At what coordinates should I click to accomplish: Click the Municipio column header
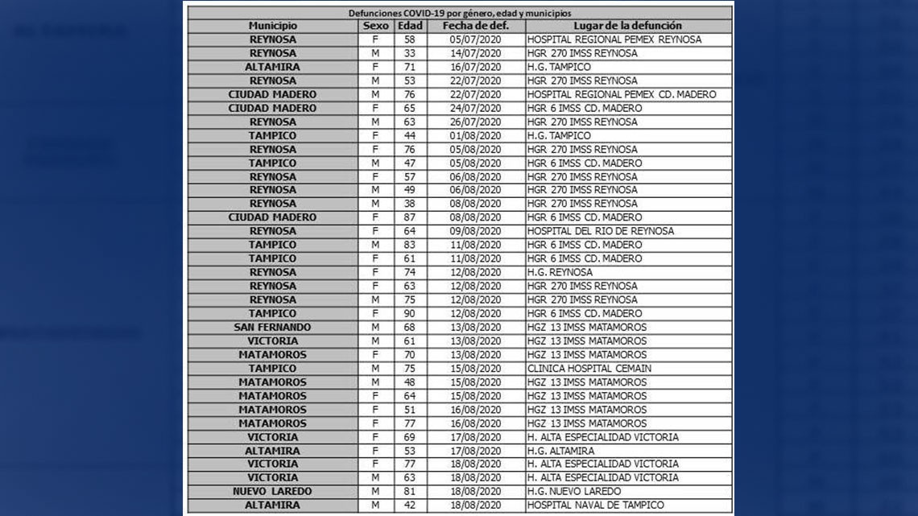[x=272, y=26]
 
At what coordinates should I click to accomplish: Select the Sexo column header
[x=375, y=26]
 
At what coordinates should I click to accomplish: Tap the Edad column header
[x=410, y=26]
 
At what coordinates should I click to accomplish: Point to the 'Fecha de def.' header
[x=475, y=26]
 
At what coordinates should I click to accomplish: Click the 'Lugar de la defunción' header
[x=628, y=26]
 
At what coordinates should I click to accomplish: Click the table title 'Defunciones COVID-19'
[x=459, y=13]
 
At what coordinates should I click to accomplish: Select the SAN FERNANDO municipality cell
[x=272, y=328]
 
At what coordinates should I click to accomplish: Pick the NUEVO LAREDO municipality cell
[x=272, y=492]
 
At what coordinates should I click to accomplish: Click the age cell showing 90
[x=410, y=314]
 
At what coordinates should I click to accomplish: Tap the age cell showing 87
[x=410, y=217]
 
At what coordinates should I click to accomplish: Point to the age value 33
[x=410, y=53]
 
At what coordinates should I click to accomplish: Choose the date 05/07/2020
[x=475, y=39]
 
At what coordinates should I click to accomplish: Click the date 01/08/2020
[x=475, y=135]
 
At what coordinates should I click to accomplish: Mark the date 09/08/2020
[x=475, y=231]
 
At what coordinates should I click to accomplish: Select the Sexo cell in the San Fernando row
[x=375, y=328]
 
